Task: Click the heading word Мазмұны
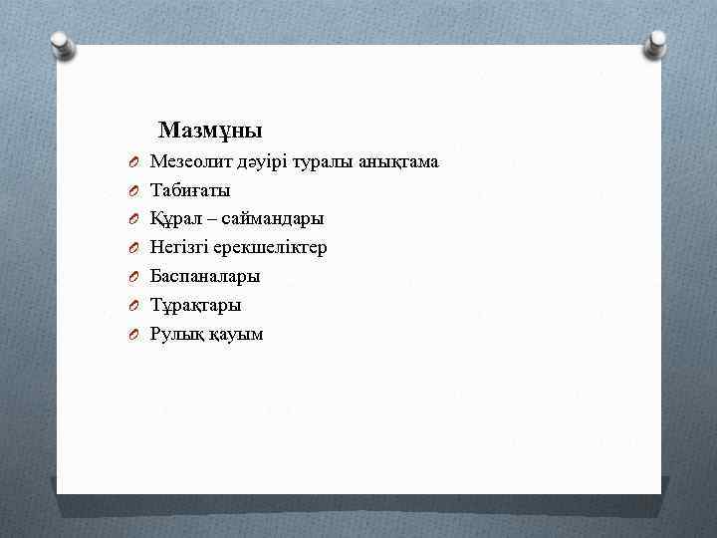[210, 131]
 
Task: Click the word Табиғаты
[189, 189]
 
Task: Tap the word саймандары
[269, 218]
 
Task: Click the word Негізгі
[180, 247]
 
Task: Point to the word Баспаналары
[204, 276]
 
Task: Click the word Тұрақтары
[195, 305]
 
